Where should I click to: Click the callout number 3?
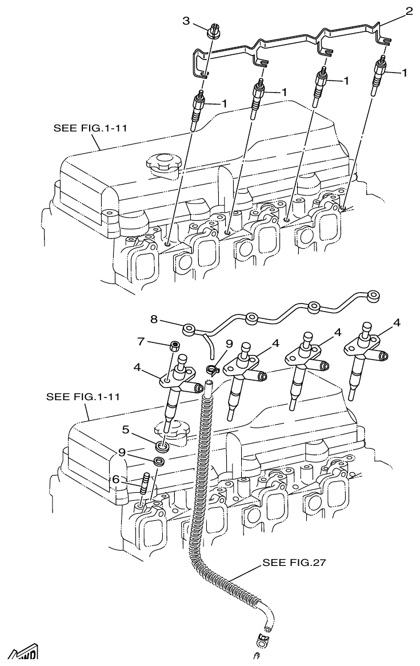click(x=186, y=21)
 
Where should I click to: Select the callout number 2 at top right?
click(x=409, y=11)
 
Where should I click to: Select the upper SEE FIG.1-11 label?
click(x=90, y=128)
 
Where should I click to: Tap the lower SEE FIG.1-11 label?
click(x=83, y=396)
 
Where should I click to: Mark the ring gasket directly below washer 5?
click(x=160, y=460)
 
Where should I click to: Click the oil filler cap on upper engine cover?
click(x=162, y=161)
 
